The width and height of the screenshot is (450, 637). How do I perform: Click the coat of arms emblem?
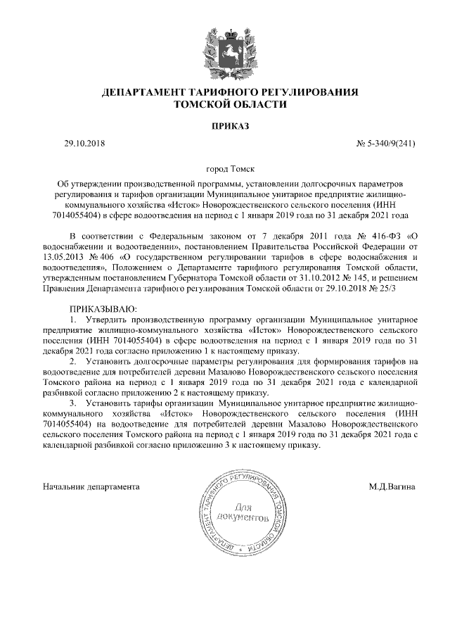(x=225, y=51)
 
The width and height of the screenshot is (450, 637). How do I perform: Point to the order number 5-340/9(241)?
(x=392, y=144)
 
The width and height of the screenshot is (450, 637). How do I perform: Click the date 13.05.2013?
(x=64, y=257)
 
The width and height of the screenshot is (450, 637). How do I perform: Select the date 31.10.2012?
(x=278, y=278)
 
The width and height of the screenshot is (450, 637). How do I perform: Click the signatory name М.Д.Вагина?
(x=392, y=486)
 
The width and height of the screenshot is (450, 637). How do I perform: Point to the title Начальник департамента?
(x=91, y=486)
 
